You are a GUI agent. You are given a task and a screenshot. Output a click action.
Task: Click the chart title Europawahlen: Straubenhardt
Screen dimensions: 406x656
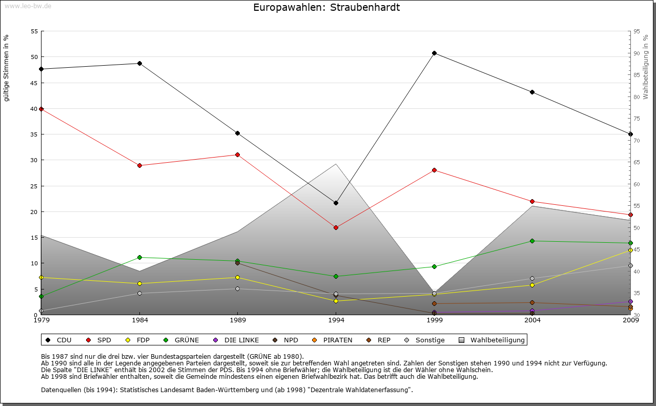click(x=326, y=8)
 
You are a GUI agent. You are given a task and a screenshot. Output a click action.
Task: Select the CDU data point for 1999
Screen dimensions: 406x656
click(x=434, y=53)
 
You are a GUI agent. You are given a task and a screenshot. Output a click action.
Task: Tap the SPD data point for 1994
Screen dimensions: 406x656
click(x=336, y=227)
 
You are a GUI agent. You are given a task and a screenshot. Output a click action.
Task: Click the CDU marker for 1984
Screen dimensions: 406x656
click(x=139, y=63)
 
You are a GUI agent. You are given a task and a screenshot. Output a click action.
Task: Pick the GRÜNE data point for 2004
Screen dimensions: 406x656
click(x=532, y=241)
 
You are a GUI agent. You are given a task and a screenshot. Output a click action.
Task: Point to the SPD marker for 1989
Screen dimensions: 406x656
click(x=237, y=154)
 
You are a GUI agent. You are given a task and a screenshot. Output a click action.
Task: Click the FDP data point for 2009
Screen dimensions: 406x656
click(x=630, y=250)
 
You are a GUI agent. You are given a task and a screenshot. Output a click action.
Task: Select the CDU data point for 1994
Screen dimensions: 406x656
click(x=336, y=203)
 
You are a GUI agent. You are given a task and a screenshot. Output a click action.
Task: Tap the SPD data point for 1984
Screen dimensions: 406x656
click(x=139, y=165)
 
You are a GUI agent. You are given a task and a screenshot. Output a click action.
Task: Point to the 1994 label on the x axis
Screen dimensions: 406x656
click(x=336, y=320)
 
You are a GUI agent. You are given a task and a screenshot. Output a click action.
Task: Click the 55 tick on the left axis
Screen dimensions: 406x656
click(x=35, y=31)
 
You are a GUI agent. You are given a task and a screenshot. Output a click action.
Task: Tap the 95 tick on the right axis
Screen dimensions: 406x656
click(x=637, y=31)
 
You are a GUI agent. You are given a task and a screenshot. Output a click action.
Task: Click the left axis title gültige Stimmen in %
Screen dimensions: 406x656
click(x=7, y=68)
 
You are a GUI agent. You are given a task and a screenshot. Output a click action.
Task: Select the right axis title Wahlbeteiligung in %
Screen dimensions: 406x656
click(x=646, y=67)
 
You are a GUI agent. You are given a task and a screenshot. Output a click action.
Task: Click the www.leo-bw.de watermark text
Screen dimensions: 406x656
click(x=28, y=6)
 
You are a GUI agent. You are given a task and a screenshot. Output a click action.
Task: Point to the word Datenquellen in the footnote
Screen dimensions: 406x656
click(x=60, y=390)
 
